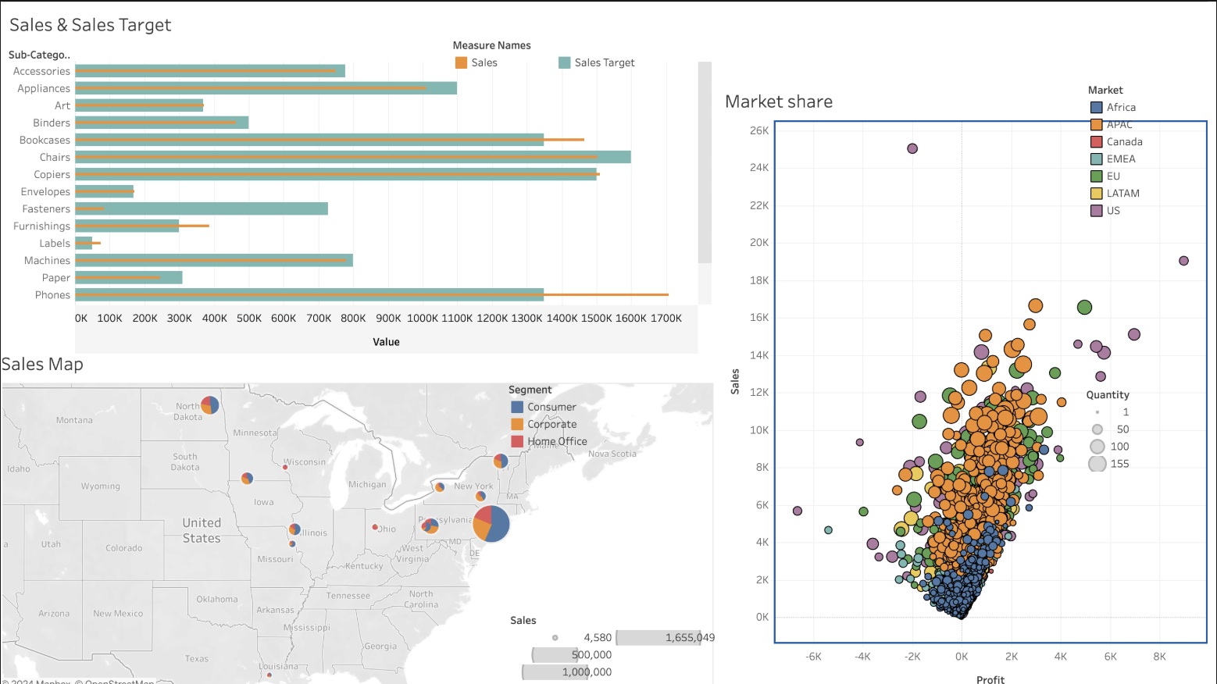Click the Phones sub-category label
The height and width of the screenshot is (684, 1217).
pos(52,295)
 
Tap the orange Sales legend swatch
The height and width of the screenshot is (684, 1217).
pos(461,62)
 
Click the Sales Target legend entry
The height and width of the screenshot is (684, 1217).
pos(604,62)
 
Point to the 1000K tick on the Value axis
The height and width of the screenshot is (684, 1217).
pos(423,319)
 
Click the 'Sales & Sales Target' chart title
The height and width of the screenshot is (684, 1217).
pos(90,25)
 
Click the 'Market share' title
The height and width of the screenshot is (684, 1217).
pos(778,102)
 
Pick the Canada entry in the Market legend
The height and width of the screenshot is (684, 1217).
pos(1124,142)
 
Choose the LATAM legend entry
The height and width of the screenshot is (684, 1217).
pos(1122,194)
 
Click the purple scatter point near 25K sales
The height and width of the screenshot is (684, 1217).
pos(912,148)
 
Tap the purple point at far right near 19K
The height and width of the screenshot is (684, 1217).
pos(1183,261)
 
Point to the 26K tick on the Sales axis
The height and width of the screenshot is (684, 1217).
pos(759,130)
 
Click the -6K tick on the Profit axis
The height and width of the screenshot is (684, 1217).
pos(813,657)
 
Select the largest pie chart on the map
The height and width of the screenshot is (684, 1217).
pos(491,524)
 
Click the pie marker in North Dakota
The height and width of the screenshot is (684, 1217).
pos(210,404)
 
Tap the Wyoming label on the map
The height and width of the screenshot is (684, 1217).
pos(101,486)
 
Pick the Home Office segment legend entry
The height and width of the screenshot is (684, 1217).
pos(557,442)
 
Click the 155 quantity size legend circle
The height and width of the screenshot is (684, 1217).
pos(1097,464)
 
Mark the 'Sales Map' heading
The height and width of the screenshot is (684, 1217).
pos(42,365)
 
